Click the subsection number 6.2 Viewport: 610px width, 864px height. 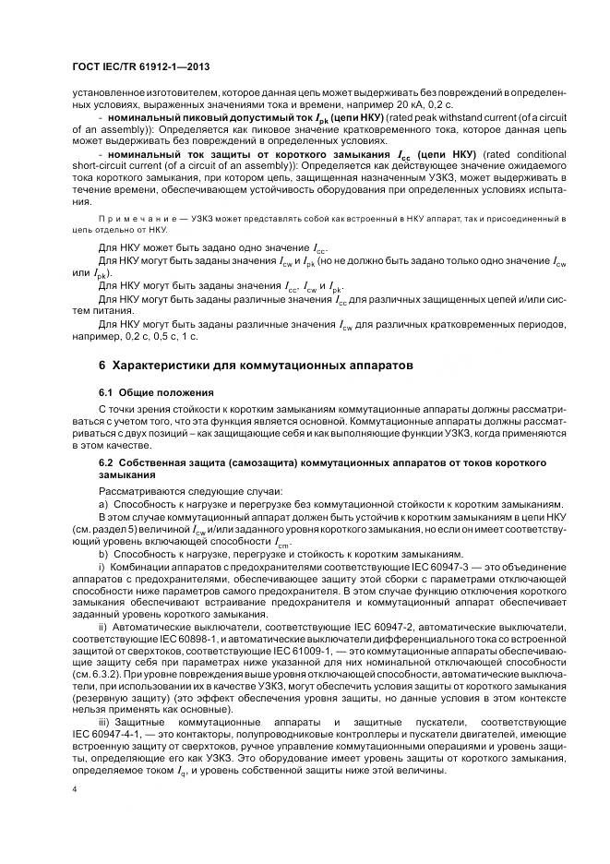(x=108, y=461)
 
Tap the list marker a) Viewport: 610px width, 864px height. (x=103, y=504)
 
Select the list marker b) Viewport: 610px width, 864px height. (x=103, y=551)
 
